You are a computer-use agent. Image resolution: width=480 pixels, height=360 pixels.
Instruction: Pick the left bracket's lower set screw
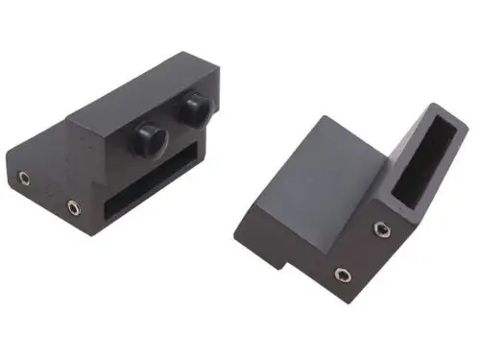tap(72, 205)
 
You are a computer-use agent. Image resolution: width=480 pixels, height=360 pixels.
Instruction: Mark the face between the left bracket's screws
tap(48, 192)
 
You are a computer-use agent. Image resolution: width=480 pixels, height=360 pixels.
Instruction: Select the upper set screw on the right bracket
tap(382, 229)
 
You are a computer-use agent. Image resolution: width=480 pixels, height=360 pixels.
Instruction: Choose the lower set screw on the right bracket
tap(343, 276)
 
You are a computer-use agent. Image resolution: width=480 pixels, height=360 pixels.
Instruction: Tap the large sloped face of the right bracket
tap(317, 173)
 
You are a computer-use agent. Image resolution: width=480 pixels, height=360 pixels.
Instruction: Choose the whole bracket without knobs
tap(346, 202)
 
